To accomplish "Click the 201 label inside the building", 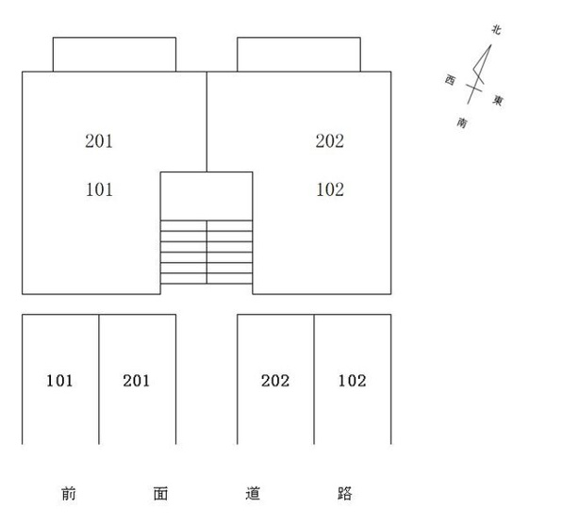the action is (x=99, y=140).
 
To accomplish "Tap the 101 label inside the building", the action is (x=99, y=189).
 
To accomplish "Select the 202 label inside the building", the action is (x=330, y=140).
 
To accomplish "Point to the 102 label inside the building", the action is (x=330, y=189).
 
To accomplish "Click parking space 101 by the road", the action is (x=60, y=380).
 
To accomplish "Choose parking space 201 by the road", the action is (x=138, y=380).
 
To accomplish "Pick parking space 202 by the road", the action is (x=275, y=380).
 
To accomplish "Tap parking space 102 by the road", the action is (x=353, y=380).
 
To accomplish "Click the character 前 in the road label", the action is (x=69, y=494).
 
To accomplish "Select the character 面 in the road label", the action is (x=160, y=494).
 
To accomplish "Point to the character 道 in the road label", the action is (x=253, y=494).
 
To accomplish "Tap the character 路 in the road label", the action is (x=345, y=494).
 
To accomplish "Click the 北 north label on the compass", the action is (x=496, y=29).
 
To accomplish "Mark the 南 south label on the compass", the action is (x=462, y=123).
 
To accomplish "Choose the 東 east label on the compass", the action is (x=498, y=100).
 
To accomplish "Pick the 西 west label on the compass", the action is (x=450, y=79).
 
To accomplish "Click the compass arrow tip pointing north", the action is (x=491, y=45).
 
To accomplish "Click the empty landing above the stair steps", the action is (x=207, y=196).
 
